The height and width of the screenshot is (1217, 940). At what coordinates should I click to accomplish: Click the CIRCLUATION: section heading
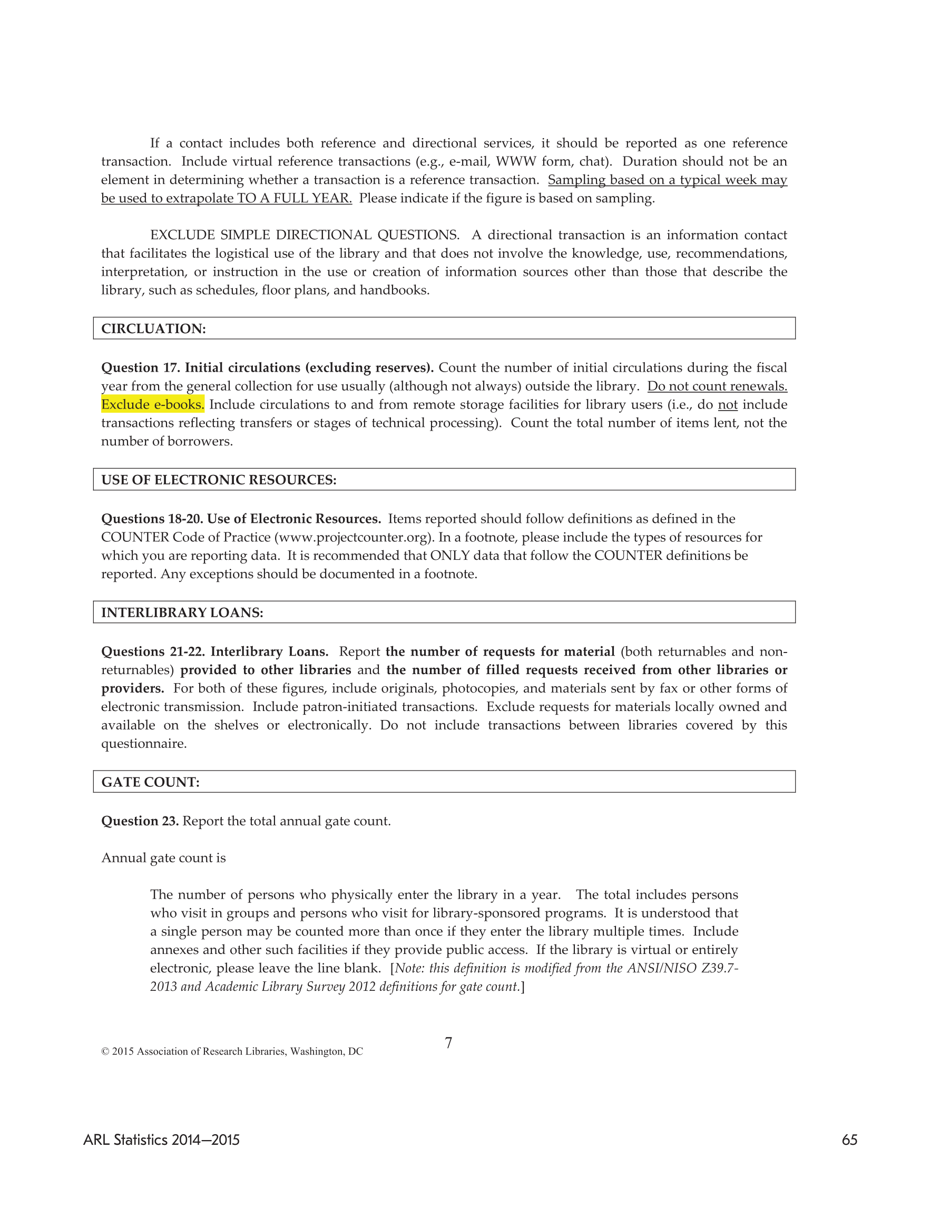pos(153,329)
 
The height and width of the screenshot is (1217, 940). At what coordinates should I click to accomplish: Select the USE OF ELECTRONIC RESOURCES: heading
pos(219,480)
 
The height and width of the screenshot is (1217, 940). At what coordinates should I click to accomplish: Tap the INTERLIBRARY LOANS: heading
pos(182,612)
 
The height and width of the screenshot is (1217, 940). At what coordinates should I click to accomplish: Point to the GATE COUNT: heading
pos(151,782)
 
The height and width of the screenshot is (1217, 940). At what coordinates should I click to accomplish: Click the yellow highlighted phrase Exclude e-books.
pos(153,405)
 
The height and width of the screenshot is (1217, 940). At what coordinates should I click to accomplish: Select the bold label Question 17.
pos(140,368)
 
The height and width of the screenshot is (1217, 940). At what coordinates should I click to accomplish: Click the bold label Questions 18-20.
pos(152,519)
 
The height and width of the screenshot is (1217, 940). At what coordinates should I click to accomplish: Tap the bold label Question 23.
pos(140,821)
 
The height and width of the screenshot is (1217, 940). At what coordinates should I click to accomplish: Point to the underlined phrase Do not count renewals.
pos(717,386)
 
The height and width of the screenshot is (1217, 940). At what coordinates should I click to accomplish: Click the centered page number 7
pos(448,1043)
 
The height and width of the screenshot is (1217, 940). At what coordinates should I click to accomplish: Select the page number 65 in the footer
pos(849,1140)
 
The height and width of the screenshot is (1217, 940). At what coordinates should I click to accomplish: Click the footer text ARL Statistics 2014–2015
pos(162,1140)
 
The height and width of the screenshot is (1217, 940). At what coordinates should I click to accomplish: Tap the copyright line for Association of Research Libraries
pos(232,1052)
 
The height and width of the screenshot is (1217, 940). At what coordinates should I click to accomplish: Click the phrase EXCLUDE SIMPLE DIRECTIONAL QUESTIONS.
pos(304,235)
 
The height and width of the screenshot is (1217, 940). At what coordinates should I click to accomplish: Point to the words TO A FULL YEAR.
pos(294,198)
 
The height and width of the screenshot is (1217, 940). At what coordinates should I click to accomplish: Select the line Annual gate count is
pos(163,858)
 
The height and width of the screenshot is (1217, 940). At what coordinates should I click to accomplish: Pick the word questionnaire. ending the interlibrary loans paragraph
pos(144,743)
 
